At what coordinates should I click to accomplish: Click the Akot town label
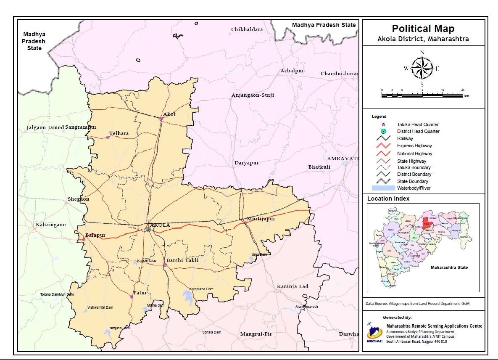(169, 114)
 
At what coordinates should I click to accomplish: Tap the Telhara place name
(119, 133)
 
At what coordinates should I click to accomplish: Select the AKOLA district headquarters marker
(148, 229)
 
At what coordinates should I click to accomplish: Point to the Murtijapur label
(261, 219)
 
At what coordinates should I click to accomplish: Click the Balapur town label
(95, 235)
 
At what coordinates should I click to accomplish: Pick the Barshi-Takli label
(182, 260)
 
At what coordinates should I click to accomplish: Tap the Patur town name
(140, 292)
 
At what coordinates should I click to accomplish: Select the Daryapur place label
(246, 162)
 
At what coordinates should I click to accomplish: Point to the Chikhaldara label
(247, 29)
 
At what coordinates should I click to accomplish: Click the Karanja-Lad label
(292, 286)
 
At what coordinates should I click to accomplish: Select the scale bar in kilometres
(422, 95)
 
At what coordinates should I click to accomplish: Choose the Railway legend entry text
(405, 138)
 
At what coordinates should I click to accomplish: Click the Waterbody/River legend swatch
(383, 188)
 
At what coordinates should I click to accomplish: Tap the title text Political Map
(423, 29)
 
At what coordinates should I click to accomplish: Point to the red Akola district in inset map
(427, 222)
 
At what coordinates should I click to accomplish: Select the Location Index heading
(388, 199)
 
